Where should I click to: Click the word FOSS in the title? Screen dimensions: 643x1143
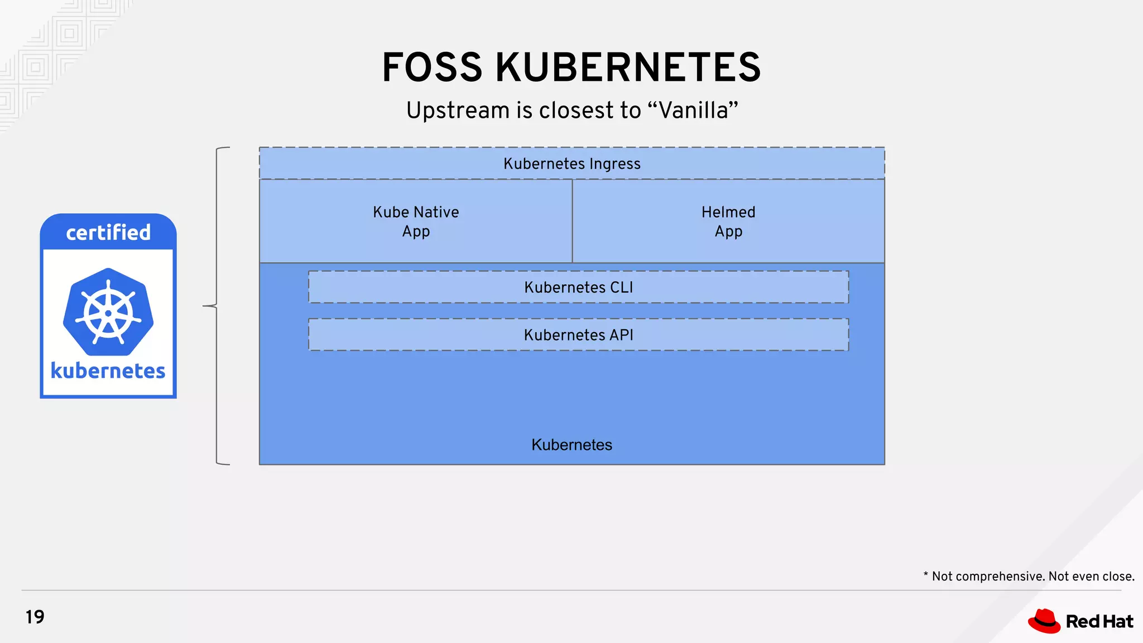pyautogui.click(x=431, y=68)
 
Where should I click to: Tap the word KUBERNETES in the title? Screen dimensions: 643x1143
pyautogui.click(x=628, y=68)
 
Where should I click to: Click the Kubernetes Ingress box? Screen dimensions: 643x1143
pyautogui.click(x=571, y=164)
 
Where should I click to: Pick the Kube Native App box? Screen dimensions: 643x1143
pyautogui.click(x=416, y=221)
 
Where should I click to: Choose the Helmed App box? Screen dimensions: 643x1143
pyautogui.click(x=728, y=221)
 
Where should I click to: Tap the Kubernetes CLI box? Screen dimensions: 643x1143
pyautogui.click(x=578, y=287)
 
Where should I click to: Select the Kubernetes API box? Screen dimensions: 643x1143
pyautogui.click(x=578, y=335)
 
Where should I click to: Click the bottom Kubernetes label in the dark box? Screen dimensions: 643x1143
pyautogui.click(x=571, y=445)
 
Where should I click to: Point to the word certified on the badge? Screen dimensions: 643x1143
pyautogui.click(x=108, y=233)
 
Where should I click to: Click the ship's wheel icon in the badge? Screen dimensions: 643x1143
pyautogui.click(x=108, y=312)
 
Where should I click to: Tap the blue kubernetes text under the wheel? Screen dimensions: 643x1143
pyautogui.click(x=108, y=371)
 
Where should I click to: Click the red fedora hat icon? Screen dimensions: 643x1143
pyautogui.click(x=1044, y=621)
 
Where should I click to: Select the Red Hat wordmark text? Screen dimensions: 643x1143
pyautogui.click(x=1099, y=622)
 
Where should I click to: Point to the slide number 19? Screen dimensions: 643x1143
pyautogui.click(x=35, y=617)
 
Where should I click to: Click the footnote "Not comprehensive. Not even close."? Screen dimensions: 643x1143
pyautogui.click(x=1032, y=577)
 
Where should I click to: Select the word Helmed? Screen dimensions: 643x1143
pyautogui.click(x=728, y=212)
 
